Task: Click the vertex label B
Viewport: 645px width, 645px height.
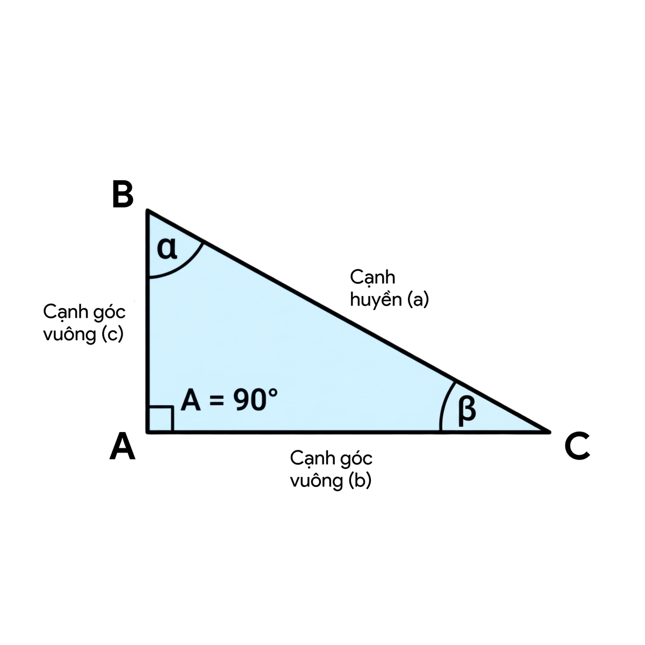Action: (x=123, y=194)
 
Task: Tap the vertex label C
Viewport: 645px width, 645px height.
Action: (x=577, y=446)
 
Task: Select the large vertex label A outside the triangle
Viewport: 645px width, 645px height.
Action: (x=123, y=446)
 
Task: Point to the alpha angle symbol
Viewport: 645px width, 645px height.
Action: (x=167, y=249)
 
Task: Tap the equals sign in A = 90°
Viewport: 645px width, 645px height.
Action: (x=216, y=400)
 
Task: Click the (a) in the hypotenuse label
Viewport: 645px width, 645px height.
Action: (x=418, y=299)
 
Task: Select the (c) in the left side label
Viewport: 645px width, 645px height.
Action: (x=112, y=334)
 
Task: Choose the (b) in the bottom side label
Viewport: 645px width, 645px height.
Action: (x=360, y=481)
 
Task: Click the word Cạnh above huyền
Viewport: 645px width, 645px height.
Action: (x=372, y=277)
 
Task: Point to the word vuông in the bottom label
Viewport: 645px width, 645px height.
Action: (x=317, y=481)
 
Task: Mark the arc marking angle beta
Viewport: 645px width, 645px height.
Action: (x=443, y=405)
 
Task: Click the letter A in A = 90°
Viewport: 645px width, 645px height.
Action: (x=191, y=400)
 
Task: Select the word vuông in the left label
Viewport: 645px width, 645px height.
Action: (x=70, y=334)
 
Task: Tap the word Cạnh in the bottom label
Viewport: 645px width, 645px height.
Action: (x=312, y=458)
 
